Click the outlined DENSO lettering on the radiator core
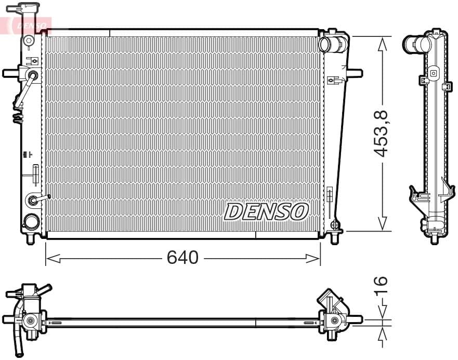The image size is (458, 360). click(266, 211)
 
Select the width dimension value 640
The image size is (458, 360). click(182, 257)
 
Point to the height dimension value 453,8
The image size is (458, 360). click(382, 134)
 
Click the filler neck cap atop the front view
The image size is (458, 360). click(28, 9)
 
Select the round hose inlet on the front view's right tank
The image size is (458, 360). click(325, 45)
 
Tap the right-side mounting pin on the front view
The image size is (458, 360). click(355, 73)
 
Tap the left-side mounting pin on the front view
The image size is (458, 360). click(10, 73)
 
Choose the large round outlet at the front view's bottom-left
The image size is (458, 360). click(31, 222)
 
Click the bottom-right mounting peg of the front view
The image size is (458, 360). click(334, 238)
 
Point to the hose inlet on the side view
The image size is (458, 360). click(410, 44)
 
